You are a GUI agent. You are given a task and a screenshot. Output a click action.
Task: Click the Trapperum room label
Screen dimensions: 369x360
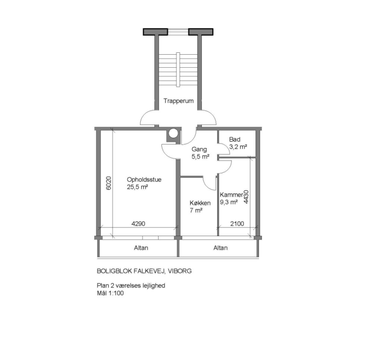pos(178,101)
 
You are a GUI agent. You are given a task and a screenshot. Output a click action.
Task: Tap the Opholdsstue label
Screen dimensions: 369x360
pos(144,180)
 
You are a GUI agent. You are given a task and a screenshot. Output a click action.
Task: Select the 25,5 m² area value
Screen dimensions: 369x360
pos(137,187)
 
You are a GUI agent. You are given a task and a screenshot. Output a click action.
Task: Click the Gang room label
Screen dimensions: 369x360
pos(199,149)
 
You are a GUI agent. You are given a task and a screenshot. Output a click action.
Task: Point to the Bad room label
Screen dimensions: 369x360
pos(234,139)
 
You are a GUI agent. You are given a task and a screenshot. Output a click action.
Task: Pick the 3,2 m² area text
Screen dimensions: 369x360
pos(238,147)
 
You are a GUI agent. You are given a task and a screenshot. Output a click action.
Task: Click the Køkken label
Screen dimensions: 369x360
pos(200,203)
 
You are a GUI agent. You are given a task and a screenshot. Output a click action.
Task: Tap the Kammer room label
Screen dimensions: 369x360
pos(231,195)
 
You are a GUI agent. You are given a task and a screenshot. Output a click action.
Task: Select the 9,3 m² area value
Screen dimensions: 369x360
pos(229,202)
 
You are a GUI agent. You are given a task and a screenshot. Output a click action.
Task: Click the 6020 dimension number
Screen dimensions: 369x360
pos(109,183)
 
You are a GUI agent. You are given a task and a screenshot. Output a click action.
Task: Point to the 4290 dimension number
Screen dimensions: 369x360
pos(138,224)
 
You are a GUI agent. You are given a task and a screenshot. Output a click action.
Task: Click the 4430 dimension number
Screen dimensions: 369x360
pos(246,197)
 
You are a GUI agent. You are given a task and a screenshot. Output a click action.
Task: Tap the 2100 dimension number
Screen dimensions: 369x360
pos(237,224)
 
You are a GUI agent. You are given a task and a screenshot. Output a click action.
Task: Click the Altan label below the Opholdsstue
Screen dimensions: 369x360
pos(141,248)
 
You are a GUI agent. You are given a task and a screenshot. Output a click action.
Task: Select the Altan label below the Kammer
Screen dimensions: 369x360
pos(221,248)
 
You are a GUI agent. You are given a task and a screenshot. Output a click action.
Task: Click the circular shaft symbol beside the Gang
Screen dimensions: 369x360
pos(173,133)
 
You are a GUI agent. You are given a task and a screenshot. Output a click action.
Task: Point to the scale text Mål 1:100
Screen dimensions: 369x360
pos(110,293)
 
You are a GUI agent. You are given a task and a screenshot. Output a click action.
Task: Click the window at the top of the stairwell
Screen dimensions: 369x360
pos(178,32)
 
